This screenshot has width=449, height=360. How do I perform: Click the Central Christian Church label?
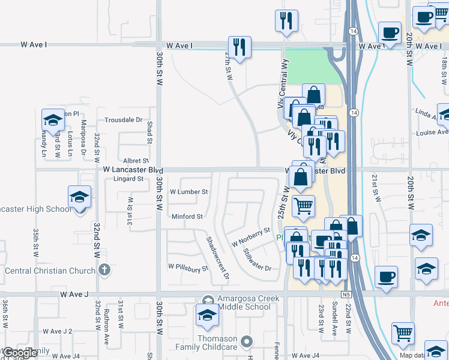pos(50,271)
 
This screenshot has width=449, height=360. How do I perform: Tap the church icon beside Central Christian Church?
pos(105,270)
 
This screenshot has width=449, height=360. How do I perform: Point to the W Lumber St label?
pos(188,192)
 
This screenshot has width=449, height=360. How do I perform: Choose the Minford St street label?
pos(188,217)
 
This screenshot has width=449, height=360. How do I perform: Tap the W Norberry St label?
pos(252,238)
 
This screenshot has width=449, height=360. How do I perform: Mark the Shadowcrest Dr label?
pos(217,257)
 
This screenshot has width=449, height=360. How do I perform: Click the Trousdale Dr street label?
pos(123,120)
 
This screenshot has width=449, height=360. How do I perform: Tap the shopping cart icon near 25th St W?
pos(303,206)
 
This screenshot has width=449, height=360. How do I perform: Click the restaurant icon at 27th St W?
pos(240,47)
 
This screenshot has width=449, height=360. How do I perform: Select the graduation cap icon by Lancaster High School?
pos(79,197)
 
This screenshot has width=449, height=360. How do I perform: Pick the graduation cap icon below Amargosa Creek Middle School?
pos(206,315)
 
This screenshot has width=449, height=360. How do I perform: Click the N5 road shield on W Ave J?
pos(346,295)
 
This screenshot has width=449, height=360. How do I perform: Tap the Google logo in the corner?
pos(20,353)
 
